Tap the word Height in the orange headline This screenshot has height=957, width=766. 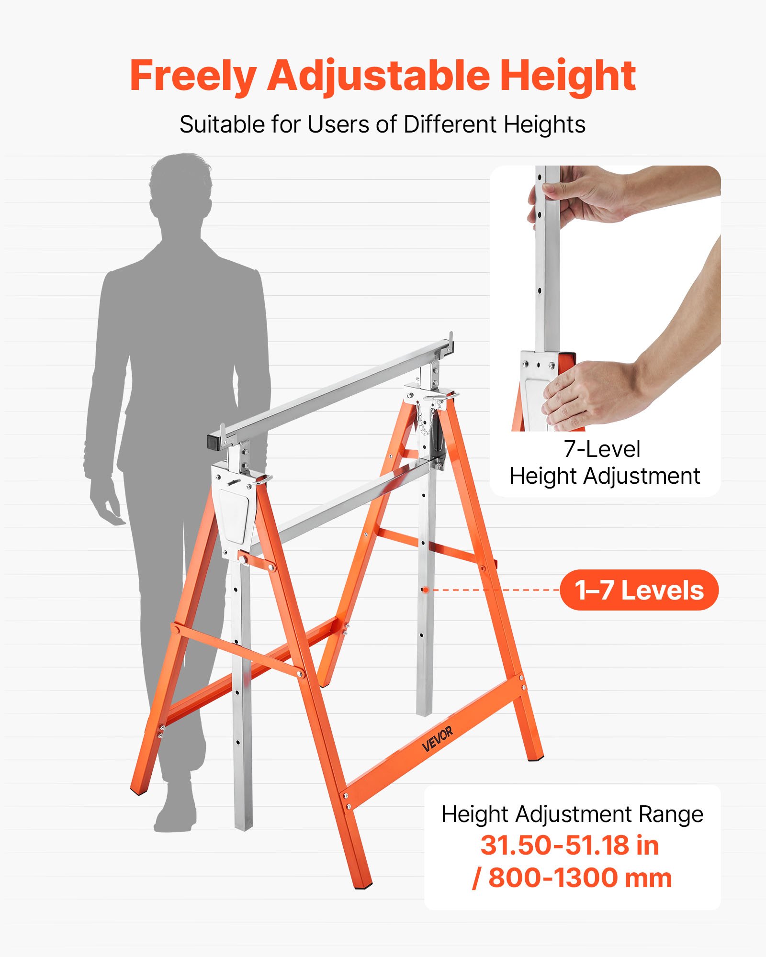(x=568, y=76)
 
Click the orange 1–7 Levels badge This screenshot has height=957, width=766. (x=639, y=590)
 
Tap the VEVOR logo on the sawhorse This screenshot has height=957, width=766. (x=437, y=739)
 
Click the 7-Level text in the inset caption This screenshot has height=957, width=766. (x=602, y=449)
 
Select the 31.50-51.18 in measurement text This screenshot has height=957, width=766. (x=569, y=846)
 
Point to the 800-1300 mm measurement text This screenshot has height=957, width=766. (x=579, y=878)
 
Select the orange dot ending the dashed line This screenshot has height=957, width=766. (x=425, y=590)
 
